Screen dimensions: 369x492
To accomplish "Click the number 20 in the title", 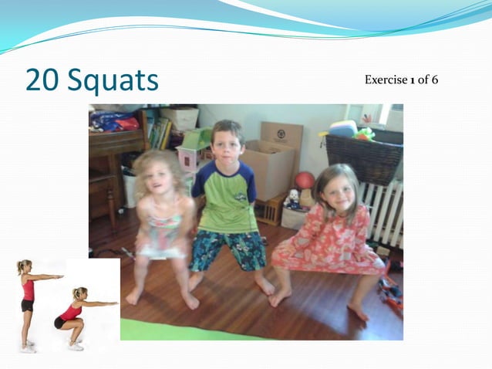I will [x=42, y=80].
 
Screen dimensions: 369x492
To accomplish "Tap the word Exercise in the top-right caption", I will [x=389, y=80].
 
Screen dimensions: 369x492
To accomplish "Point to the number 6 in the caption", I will [x=435, y=80].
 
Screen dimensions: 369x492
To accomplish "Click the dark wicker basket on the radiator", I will [x=364, y=158].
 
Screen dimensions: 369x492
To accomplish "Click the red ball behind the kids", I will [x=305, y=181].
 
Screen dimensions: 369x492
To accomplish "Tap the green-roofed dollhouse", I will [x=193, y=151].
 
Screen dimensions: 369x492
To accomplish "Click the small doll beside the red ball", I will [x=292, y=199].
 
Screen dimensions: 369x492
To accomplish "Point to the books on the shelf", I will [x=160, y=134].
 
